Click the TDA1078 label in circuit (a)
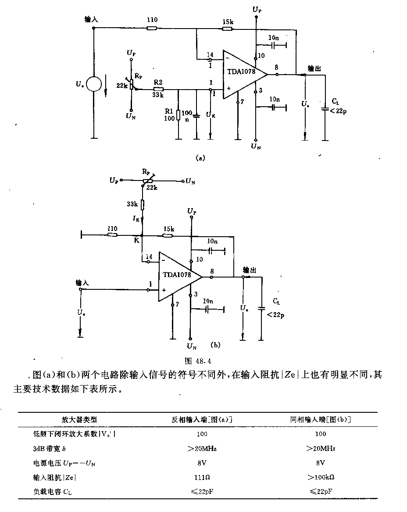[x=241, y=72]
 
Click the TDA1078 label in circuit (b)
[x=177, y=274]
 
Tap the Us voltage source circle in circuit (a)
[x=94, y=84]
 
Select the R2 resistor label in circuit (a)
[x=158, y=82]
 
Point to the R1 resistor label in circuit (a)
[x=169, y=112]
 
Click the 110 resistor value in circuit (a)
[x=152, y=20]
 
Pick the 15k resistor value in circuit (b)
[x=169, y=229]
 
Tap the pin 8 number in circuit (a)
[x=277, y=68]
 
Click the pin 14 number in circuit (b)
[x=149, y=256]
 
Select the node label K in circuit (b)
[x=137, y=240]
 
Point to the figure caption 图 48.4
[x=198, y=361]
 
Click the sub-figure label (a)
[x=200, y=158]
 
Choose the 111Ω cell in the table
[x=202, y=477]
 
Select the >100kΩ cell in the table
[x=321, y=477]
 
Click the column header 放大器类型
[x=79, y=420]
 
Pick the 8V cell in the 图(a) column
[x=202, y=463]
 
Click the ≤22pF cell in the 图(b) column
[x=321, y=491]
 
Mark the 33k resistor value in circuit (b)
[x=132, y=204]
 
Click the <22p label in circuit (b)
[x=275, y=315]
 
